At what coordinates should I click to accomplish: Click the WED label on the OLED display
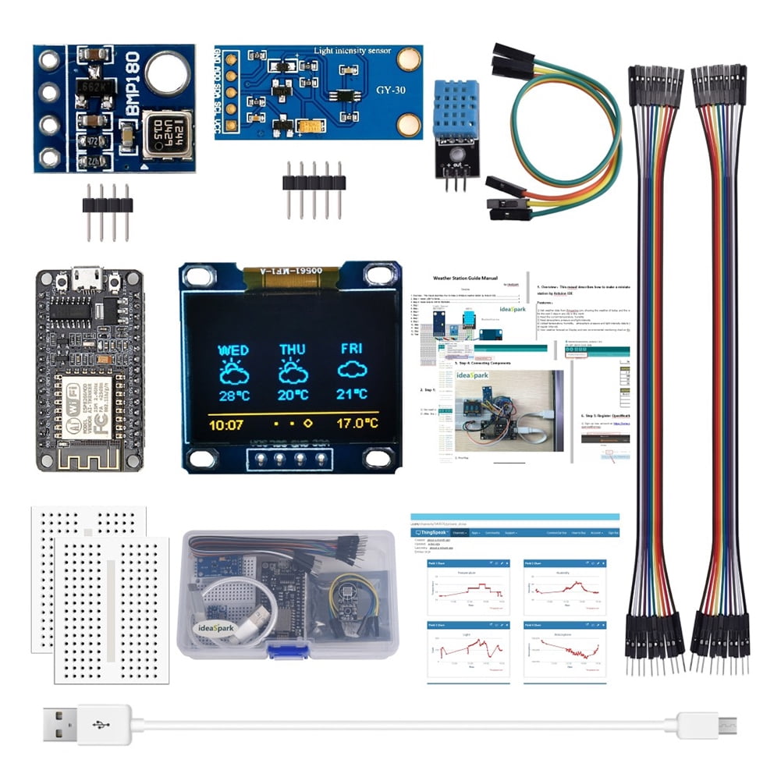[233, 350]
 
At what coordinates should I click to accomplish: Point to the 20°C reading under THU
[293, 395]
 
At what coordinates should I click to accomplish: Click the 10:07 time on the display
[226, 424]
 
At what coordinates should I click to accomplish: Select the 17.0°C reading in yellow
[357, 424]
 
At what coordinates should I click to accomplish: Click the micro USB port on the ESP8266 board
[89, 277]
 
